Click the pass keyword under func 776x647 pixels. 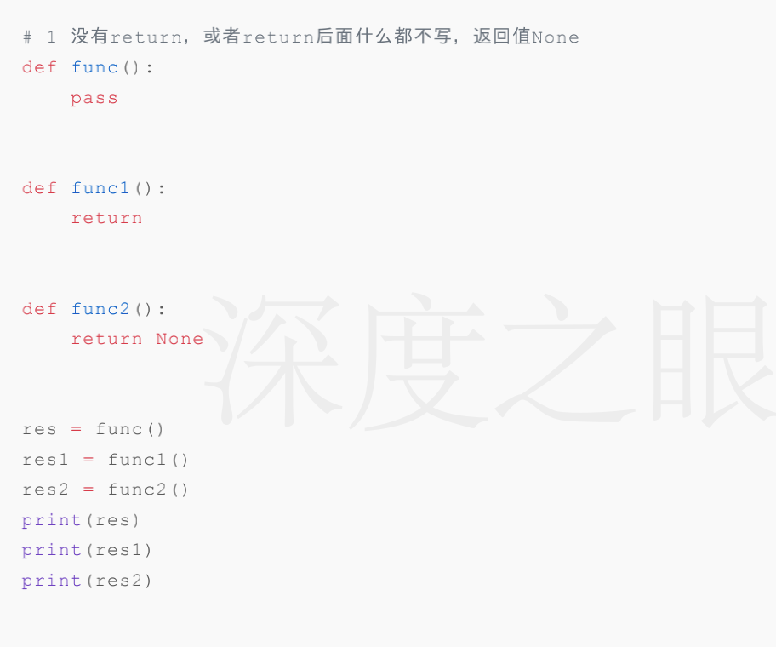(94, 99)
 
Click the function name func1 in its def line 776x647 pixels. (100, 188)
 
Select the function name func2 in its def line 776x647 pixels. (100, 309)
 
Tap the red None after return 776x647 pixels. (180, 339)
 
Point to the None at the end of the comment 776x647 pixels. (555, 37)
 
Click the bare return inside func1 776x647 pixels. (106, 218)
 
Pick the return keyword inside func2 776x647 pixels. (106, 339)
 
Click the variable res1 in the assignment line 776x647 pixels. (45, 460)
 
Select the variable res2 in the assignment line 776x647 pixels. (45, 490)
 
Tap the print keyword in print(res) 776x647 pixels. (51, 520)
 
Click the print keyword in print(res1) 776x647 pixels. (51, 550)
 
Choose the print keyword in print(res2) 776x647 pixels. (51, 581)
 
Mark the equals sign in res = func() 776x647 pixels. (76, 429)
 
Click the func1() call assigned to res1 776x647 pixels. (148, 460)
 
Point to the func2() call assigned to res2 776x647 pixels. (148, 490)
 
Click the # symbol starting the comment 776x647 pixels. (27, 37)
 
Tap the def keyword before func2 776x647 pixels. (39, 309)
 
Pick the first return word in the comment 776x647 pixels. (145, 37)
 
